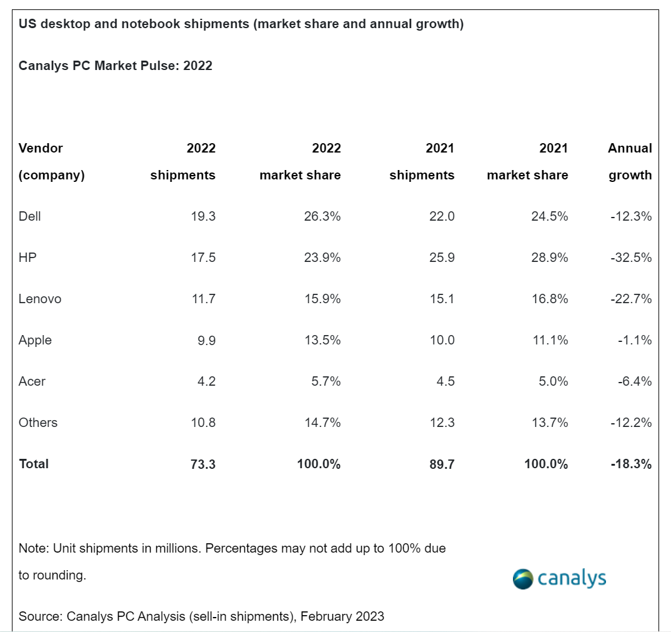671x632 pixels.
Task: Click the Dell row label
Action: coord(29,216)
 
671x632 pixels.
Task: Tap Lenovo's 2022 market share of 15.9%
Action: coord(321,299)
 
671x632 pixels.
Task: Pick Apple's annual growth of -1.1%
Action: coord(632,340)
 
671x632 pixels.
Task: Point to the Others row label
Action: coord(37,423)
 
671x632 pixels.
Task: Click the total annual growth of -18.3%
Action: coord(630,464)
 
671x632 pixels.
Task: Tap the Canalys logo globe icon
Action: coord(522,579)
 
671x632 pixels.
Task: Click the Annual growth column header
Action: coord(630,161)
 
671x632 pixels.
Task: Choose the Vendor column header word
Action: coord(41,148)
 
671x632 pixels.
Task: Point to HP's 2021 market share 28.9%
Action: coord(547,258)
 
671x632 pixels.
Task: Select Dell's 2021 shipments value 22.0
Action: coord(441,216)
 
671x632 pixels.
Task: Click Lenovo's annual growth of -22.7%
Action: coord(630,299)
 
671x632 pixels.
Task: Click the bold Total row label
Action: coord(33,464)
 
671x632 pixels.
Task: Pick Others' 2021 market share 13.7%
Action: coord(547,423)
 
